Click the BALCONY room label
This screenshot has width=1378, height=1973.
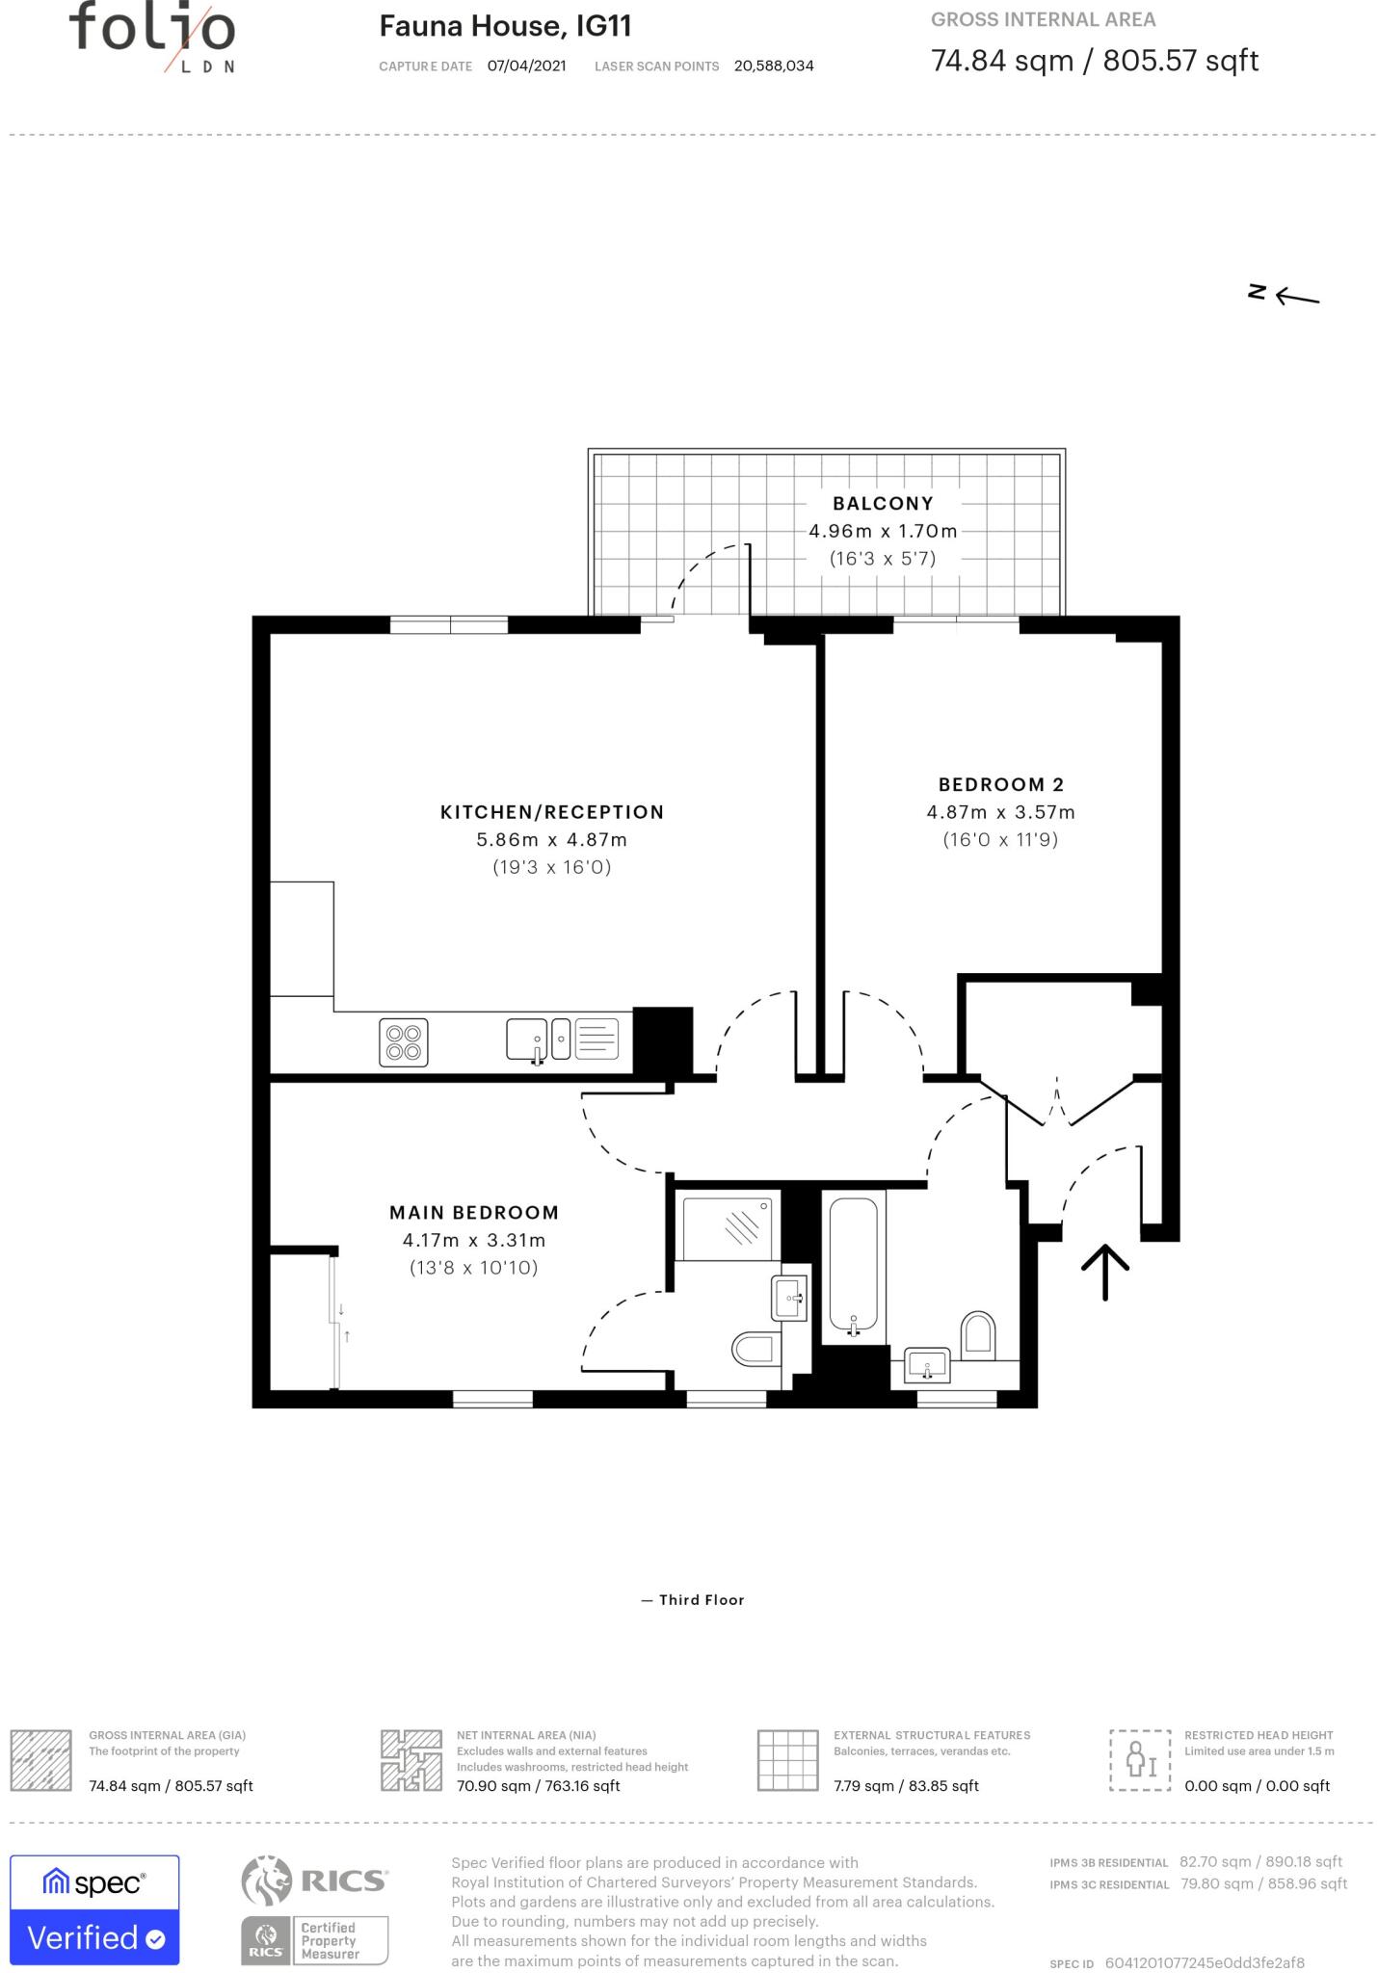(883, 503)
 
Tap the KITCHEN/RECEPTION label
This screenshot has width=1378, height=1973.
(552, 812)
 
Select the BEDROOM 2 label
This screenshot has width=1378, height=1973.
(1001, 784)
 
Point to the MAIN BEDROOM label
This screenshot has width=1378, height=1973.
(474, 1212)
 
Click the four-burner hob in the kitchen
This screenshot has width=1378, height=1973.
(404, 1042)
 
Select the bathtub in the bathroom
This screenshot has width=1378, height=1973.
(854, 1266)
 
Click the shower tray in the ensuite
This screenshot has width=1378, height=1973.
(729, 1226)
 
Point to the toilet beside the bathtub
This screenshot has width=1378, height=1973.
(978, 1334)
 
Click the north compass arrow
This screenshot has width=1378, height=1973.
(1297, 297)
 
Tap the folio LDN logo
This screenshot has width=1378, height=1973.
(152, 37)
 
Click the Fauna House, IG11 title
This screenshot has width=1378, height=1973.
(505, 26)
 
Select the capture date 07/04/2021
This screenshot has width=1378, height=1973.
(527, 66)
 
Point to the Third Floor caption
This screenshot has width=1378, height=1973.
(702, 1600)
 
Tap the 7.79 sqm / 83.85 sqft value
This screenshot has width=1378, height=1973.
(906, 1786)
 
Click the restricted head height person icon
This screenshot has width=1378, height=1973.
(1140, 1760)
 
